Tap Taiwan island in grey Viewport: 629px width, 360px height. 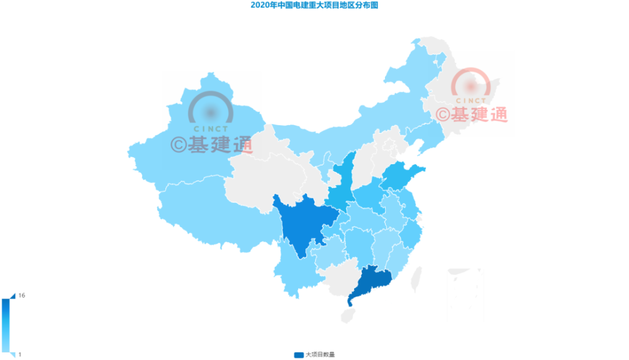[416, 278]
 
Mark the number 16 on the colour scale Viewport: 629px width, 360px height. [22, 295]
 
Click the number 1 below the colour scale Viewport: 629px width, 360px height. [19, 354]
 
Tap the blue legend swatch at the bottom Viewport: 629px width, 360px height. [298, 355]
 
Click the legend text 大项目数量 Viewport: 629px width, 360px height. [320, 355]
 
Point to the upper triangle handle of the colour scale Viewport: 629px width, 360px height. [13, 295]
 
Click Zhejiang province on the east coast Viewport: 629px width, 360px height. [412, 233]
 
